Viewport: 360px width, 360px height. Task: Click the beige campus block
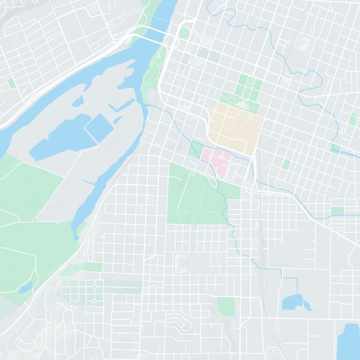pos(235,126)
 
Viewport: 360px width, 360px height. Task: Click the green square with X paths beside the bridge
pos(184,33)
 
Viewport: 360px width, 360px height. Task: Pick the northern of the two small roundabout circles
pos(94,287)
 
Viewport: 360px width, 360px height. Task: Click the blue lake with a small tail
pos(292,302)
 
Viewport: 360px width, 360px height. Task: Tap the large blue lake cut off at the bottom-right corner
pos(350,342)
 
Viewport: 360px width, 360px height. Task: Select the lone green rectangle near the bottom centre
pos(226,306)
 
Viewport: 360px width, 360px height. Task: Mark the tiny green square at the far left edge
pos(12,84)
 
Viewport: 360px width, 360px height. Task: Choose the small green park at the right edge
pos(354,120)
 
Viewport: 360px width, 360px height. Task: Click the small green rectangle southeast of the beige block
pos(286,164)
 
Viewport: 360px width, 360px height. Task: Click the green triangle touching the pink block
pos(196,148)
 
